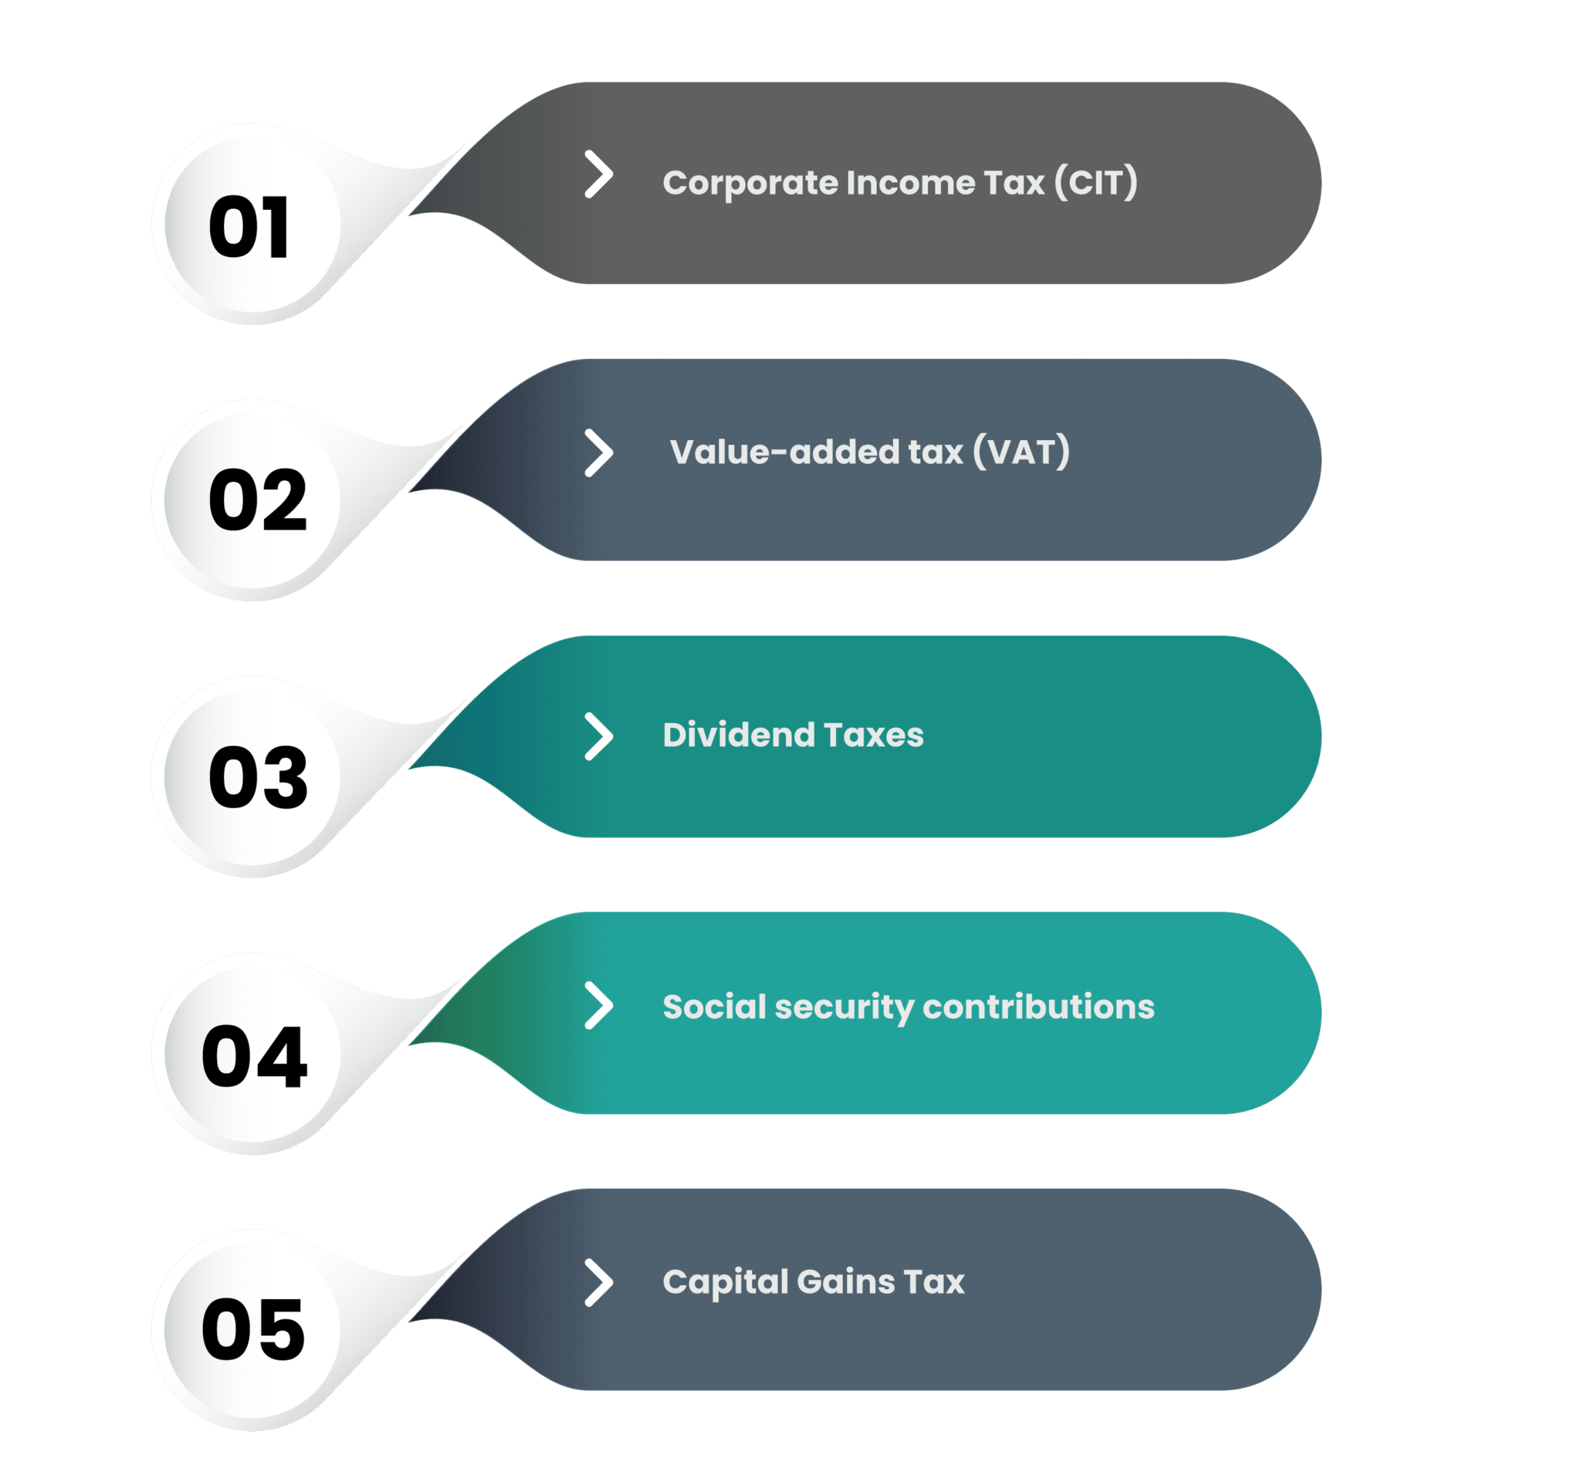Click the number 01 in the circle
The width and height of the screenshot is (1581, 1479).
coord(249,228)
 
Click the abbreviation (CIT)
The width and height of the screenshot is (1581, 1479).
coord(1096,183)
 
